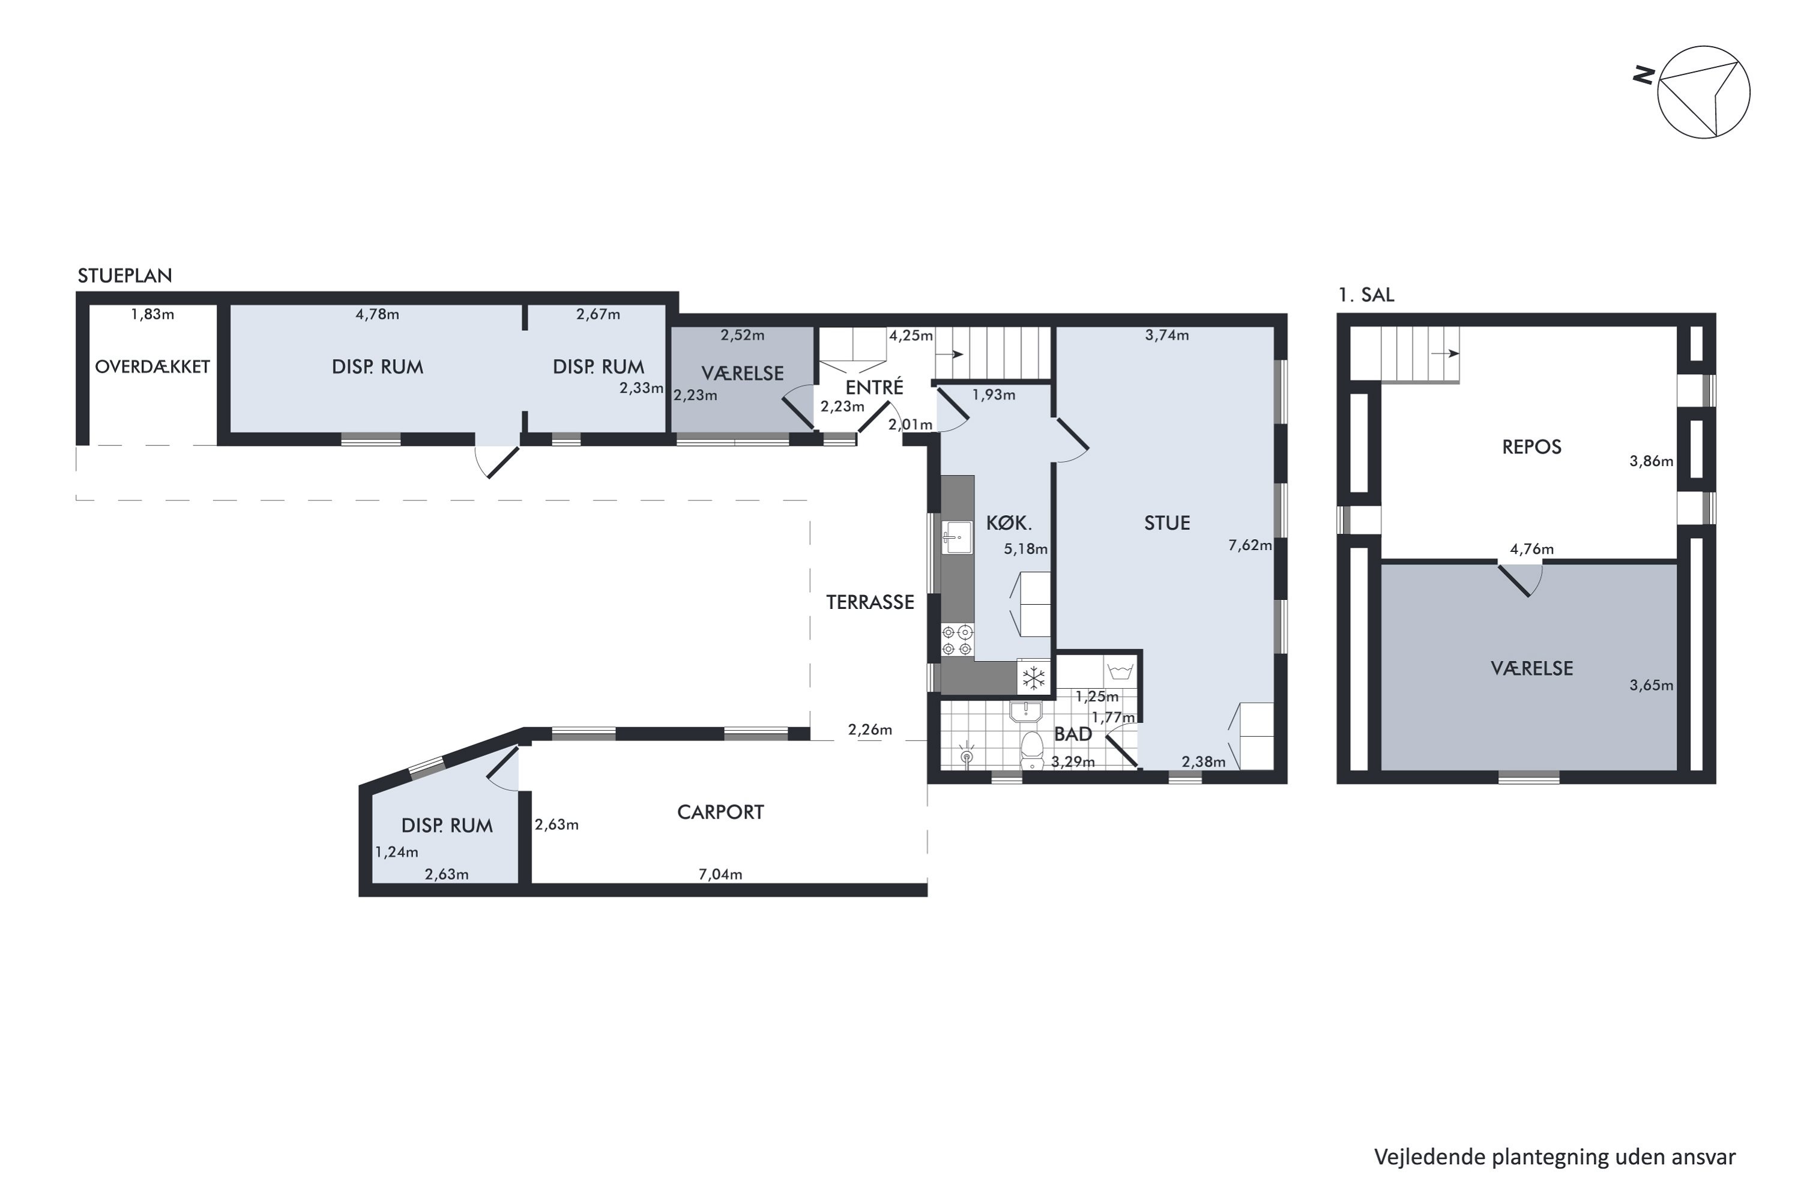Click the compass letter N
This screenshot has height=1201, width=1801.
tap(1643, 75)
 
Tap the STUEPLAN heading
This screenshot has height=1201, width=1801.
tap(125, 276)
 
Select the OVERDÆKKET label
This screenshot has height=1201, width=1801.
tap(152, 367)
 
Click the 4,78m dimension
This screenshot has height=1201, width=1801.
tap(377, 314)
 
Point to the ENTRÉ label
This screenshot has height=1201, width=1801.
tap(875, 387)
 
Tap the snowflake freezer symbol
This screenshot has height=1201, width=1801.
tap(1034, 677)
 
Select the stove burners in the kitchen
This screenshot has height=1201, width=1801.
tap(957, 640)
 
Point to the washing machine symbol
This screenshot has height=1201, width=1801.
tap(1120, 672)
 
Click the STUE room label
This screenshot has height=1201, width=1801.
tap(1167, 523)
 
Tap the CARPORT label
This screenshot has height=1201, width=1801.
tap(720, 812)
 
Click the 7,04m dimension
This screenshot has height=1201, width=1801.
tap(720, 874)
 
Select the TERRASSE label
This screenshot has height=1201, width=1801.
tap(870, 602)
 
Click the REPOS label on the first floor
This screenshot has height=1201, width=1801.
tap(1531, 447)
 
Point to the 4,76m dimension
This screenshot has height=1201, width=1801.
tap(1531, 549)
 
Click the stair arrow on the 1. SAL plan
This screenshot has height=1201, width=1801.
tap(1444, 353)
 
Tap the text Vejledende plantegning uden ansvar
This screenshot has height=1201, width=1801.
tap(1554, 1157)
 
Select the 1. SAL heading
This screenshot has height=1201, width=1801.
tap(1366, 295)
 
